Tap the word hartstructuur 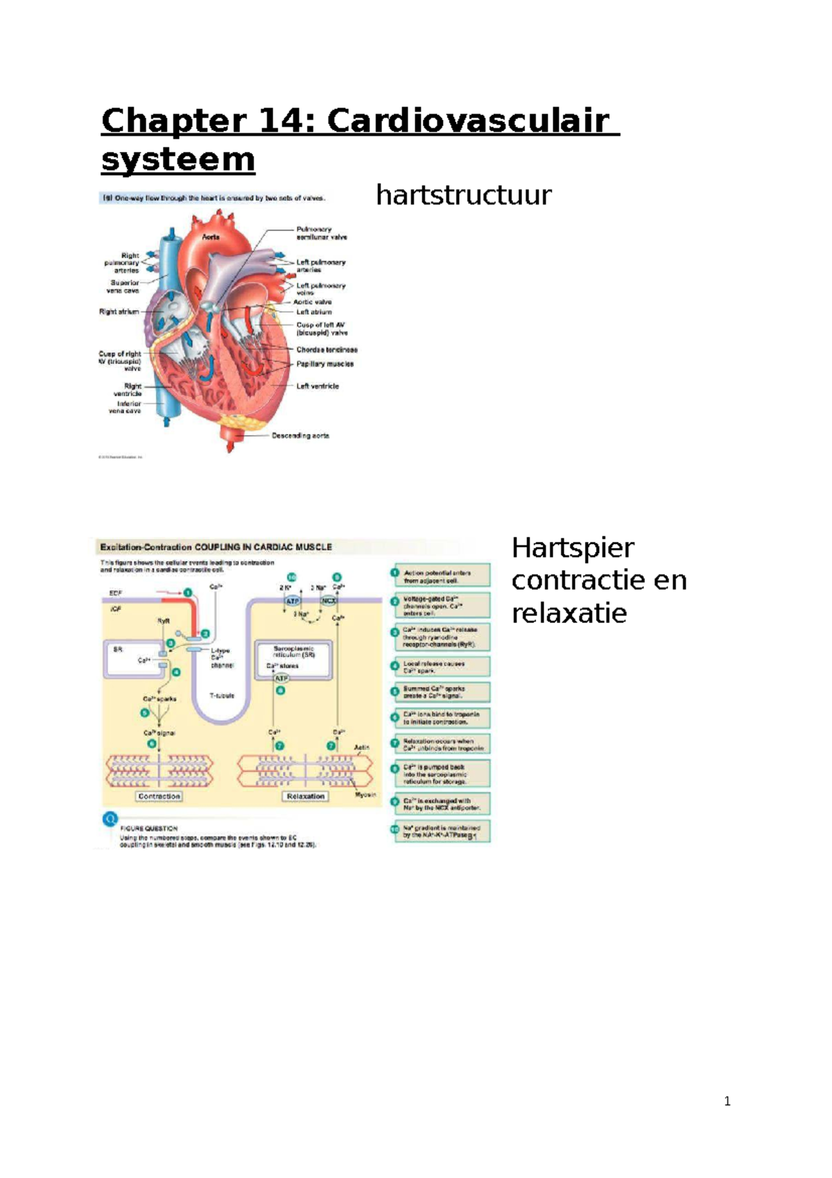463,195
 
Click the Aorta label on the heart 211,237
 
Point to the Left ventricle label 318,386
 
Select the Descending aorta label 300,436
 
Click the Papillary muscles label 324,364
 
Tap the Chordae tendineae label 327,350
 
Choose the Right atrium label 119,312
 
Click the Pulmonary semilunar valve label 321,233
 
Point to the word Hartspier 573,548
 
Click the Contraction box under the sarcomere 159,796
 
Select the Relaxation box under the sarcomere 306,796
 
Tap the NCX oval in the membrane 328,601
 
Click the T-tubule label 222,695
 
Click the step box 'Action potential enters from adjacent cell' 442,577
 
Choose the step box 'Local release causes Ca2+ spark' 442,667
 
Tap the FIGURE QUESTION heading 148,828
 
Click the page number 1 727,1101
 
